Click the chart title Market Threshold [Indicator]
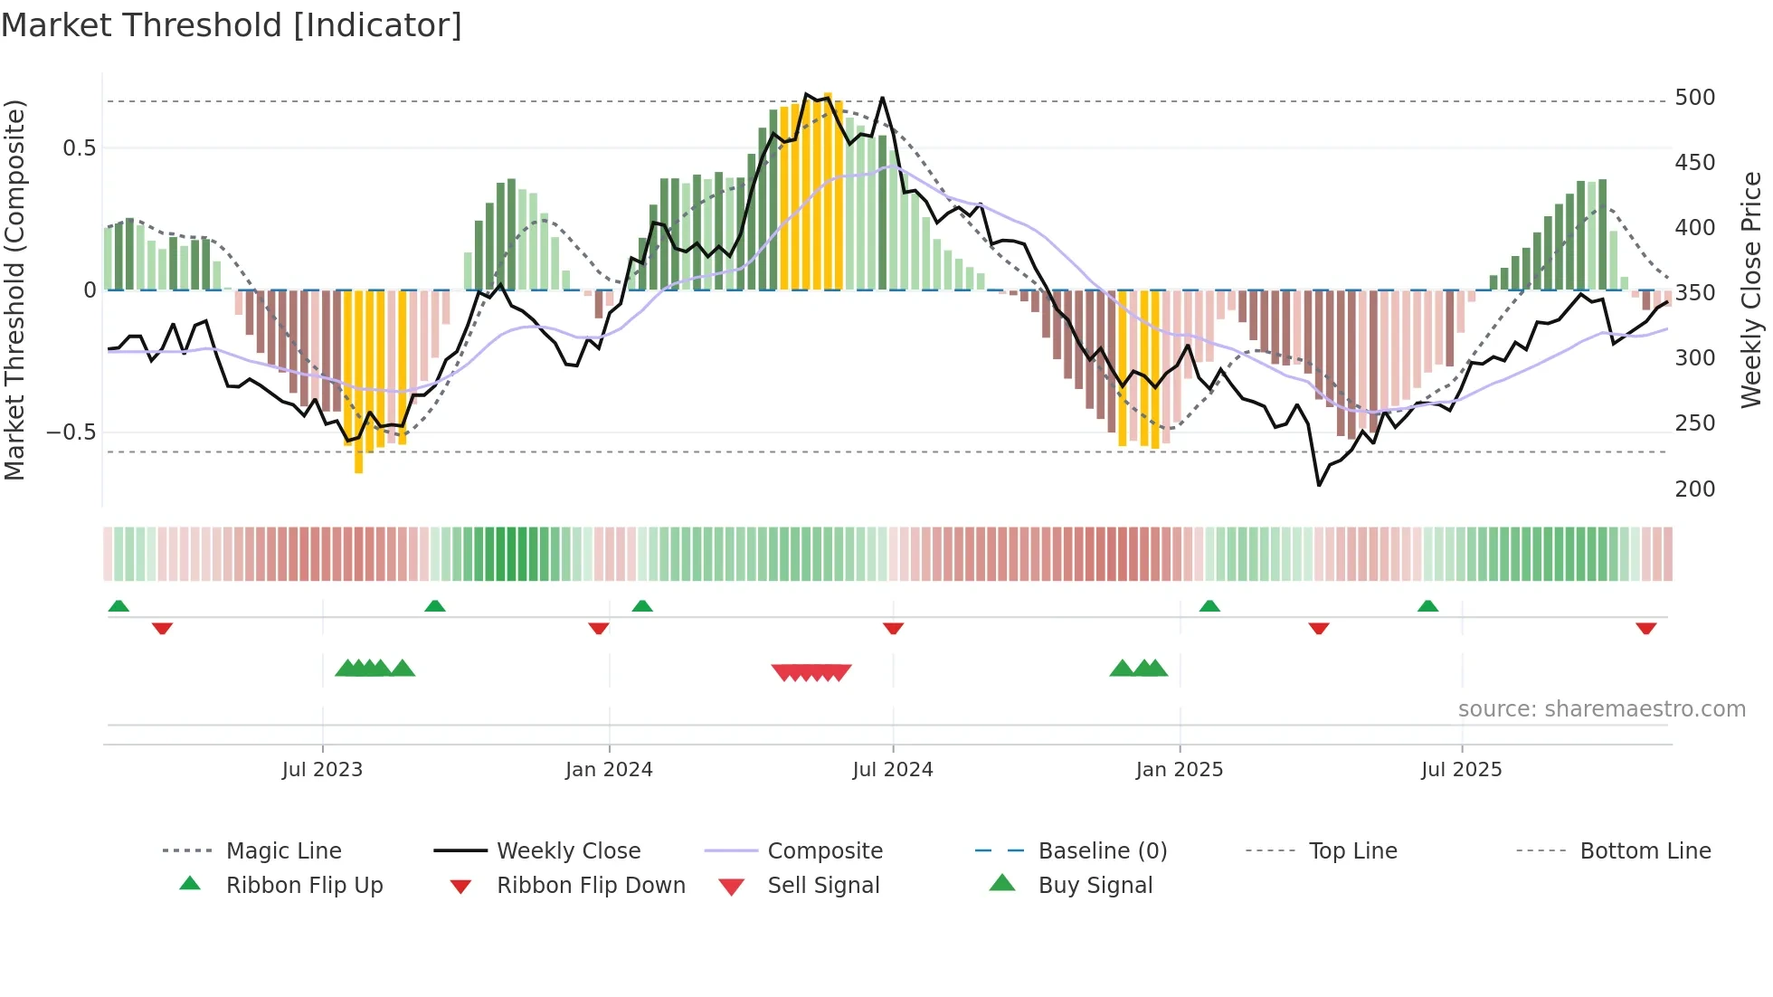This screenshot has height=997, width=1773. [232, 25]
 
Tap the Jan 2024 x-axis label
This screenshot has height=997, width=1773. [609, 770]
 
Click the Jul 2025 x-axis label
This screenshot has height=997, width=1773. [1461, 770]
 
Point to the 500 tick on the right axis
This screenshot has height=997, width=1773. [1694, 98]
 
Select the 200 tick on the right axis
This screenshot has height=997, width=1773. [1694, 489]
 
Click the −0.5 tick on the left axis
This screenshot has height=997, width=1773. [71, 432]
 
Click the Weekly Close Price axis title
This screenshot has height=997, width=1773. [1751, 290]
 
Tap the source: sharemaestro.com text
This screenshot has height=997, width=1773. [1601, 709]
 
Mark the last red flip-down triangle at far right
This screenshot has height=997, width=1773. [1645, 628]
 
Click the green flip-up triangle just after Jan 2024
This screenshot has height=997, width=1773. [642, 606]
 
